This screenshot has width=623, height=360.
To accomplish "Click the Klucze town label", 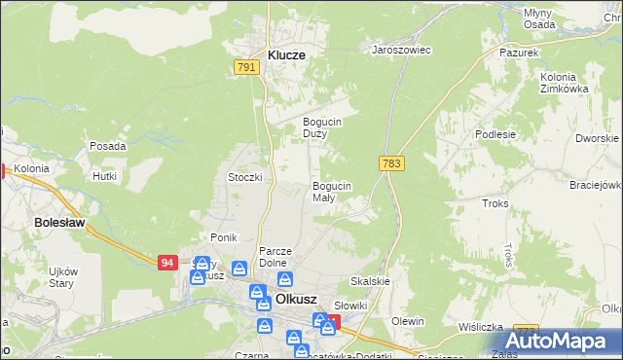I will pos(280,55).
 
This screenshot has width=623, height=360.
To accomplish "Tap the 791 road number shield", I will pos(246,67).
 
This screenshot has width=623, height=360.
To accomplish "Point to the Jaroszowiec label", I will pos(402,49).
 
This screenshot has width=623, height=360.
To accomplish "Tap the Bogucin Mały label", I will pos(331,191).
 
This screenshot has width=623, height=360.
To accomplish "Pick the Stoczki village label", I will pos(246,177).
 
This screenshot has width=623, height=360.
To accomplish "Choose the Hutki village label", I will pos(104,176).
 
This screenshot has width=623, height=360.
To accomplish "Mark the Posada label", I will pos(107,146).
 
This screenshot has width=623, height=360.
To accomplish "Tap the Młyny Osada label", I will pos(566,18).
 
